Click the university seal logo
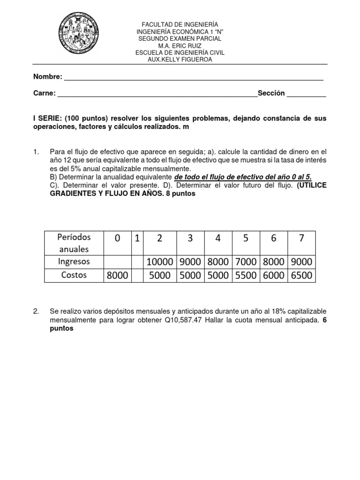coord(78,34)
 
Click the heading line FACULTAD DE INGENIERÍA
coord(180,24)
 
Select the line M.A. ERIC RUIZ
coord(180,45)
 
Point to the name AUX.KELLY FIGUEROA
coord(180,60)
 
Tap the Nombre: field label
coord(47,77)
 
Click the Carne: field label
coord(45,93)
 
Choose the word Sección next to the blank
coord(271,93)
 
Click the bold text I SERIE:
coord(47,119)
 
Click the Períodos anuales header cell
coord(74,243)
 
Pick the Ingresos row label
coord(74,261)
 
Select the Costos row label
coord(74,275)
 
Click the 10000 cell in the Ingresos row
coord(160,261)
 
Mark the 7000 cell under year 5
coord(245,261)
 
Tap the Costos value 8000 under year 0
coord(117,275)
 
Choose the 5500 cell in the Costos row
coord(245,275)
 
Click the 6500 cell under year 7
coord(301,275)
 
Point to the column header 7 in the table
coord(301,239)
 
